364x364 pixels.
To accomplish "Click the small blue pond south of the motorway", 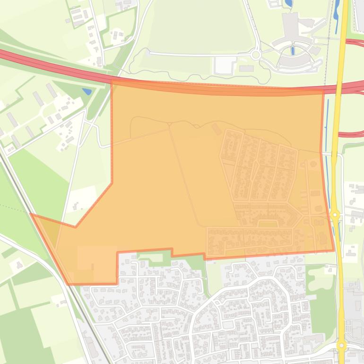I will pos(87,91).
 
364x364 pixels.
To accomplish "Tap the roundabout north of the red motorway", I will pos(256,55).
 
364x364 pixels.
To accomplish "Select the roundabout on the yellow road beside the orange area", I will pos(335,215).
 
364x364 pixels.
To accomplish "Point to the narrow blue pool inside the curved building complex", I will pos(293,50).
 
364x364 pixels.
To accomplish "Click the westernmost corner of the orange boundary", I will pos(31,214).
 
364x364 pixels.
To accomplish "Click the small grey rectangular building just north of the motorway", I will pos(246,69).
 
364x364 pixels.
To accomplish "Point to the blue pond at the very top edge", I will pos(289,4).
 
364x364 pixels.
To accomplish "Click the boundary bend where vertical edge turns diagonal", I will pos(112,183).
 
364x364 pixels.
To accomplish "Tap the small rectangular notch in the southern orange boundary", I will pos(188,253).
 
